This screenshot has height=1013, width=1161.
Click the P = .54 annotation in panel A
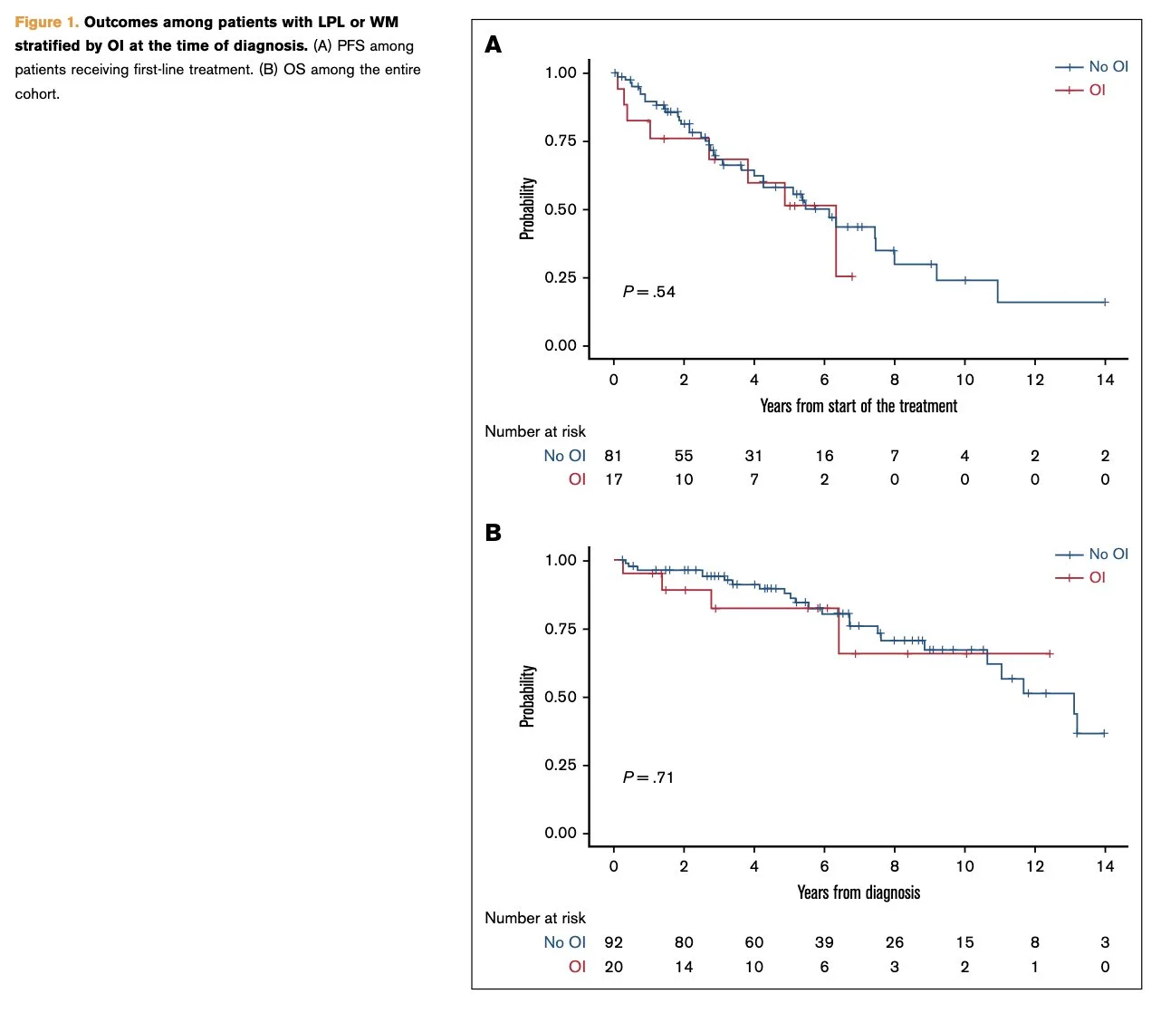648,292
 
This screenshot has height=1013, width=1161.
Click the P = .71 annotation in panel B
648,777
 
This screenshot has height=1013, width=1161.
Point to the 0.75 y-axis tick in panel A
561,140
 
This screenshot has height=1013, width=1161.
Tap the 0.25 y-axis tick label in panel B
561,765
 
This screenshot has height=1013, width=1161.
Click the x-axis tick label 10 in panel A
964,380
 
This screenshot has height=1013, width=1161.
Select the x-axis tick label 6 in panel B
824,866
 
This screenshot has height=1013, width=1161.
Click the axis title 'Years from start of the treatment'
859,406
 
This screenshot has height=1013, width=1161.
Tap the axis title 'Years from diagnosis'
859,892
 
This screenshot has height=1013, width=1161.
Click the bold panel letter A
494,44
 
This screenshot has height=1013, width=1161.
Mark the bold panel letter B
494,533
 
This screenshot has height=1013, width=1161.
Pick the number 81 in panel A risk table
613,456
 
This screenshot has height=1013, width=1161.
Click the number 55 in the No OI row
684,456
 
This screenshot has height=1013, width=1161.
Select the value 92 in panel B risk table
613,942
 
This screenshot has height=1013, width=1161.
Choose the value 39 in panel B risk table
824,942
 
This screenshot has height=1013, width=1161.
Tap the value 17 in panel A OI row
613,479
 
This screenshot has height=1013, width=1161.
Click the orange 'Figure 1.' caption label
46,22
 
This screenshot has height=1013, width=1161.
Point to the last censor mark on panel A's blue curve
1105,302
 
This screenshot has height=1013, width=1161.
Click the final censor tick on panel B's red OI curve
1050,654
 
